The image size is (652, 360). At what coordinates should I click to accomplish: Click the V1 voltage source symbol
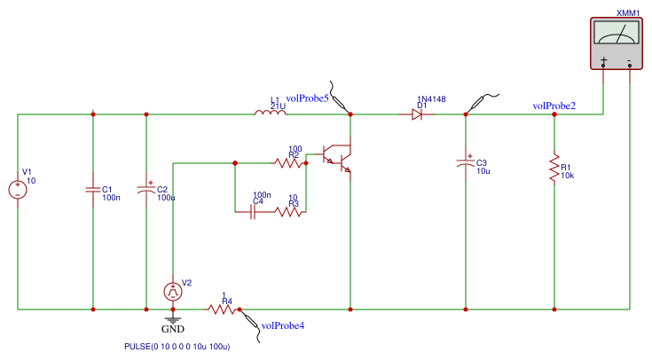click(x=18, y=190)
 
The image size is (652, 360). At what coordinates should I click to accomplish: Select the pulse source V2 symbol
click(x=173, y=292)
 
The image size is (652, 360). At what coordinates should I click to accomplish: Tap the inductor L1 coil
click(x=271, y=113)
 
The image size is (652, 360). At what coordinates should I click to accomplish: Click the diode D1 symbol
click(x=417, y=114)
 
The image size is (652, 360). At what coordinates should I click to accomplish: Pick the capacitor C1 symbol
click(x=93, y=190)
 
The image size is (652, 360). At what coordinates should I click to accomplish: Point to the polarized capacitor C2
click(x=146, y=189)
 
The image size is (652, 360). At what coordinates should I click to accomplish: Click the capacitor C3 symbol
click(x=466, y=162)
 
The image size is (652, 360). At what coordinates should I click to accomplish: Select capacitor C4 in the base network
click(x=253, y=212)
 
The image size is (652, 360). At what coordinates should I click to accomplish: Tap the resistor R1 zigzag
click(x=554, y=168)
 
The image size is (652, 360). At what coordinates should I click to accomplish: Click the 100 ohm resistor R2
click(x=288, y=163)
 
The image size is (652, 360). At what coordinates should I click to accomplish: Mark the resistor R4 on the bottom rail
click(x=222, y=309)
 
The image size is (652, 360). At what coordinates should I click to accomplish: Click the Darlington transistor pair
click(x=338, y=159)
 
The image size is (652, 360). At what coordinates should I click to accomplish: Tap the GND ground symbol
click(x=173, y=320)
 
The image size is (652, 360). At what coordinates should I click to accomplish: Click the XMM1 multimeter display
click(x=617, y=33)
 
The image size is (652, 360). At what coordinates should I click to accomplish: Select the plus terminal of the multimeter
click(x=604, y=62)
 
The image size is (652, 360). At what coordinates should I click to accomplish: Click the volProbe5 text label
click(x=307, y=98)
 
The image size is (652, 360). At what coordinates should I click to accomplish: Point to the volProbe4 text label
click(x=283, y=326)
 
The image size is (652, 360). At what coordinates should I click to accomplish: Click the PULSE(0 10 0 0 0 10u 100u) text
click(x=177, y=347)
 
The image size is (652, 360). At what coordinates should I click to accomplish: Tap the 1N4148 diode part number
click(x=431, y=99)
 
